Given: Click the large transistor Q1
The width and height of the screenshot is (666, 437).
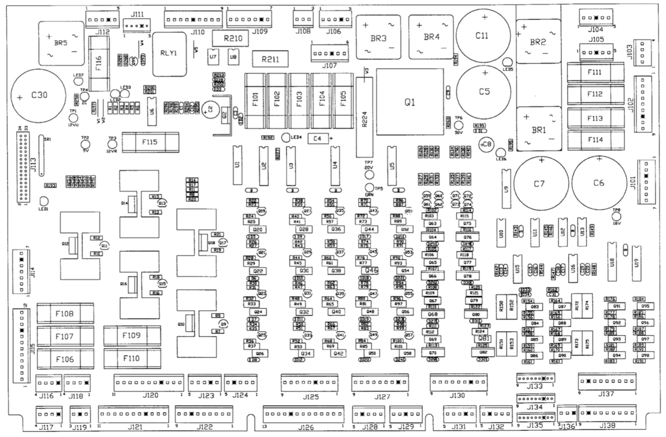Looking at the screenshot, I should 409,103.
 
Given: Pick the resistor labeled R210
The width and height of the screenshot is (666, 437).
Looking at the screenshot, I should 233,39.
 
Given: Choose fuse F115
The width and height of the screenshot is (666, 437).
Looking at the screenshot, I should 150,142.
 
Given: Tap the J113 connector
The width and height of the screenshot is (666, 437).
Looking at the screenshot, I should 23,166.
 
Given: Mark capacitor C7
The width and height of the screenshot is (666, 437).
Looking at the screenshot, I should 540,184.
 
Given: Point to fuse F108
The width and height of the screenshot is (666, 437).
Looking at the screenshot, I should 63,314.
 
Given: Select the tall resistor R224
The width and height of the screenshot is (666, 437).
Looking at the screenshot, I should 365,118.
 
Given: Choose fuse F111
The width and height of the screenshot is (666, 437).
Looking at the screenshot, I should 593,73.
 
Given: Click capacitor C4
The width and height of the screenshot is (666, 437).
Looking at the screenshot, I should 317,138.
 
